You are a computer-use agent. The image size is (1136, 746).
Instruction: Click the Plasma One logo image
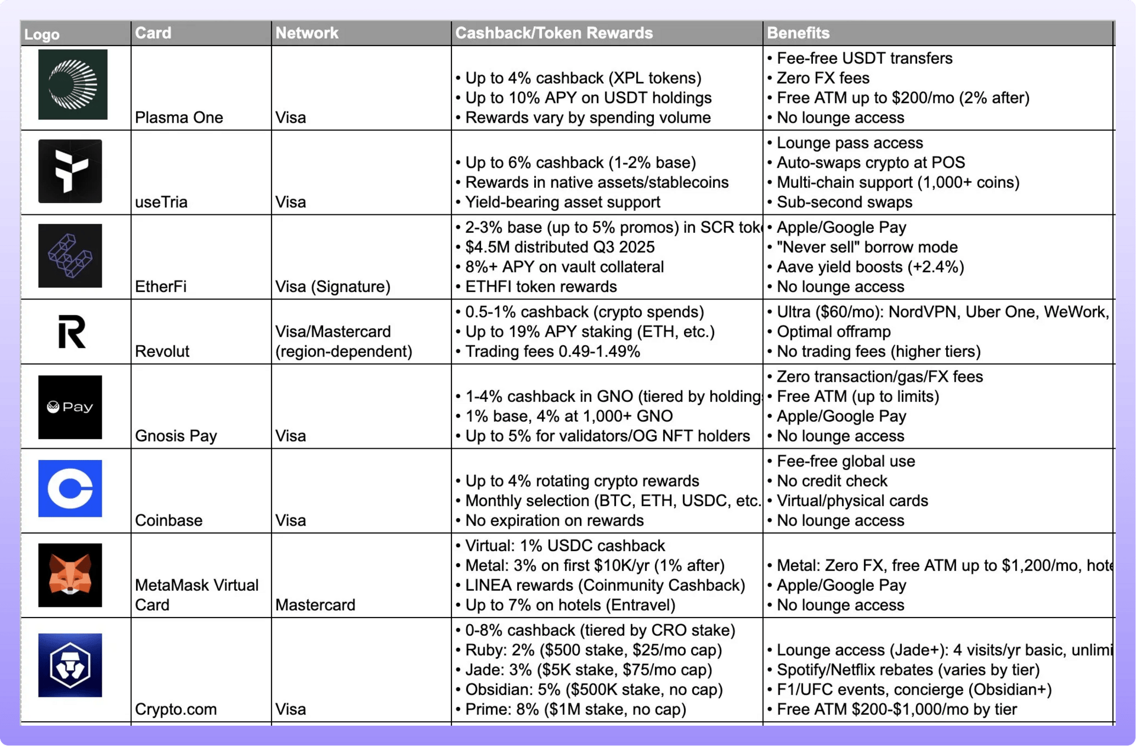tap(73, 85)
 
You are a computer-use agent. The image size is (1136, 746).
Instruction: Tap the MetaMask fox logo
tap(70, 575)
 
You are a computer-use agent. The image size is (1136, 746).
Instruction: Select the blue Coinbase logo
tap(70, 488)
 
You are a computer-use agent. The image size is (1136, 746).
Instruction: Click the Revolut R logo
tap(72, 332)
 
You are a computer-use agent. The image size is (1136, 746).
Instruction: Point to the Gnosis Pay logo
tap(70, 407)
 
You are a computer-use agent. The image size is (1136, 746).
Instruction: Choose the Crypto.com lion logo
tap(70, 665)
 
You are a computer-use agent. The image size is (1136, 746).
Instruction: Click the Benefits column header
tap(798, 33)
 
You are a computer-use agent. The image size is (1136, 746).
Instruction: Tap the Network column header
tap(306, 33)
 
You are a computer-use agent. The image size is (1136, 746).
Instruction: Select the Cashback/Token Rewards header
tap(554, 33)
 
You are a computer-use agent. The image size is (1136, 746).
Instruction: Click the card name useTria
tap(161, 202)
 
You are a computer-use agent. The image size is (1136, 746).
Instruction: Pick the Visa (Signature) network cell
tap(333, 287)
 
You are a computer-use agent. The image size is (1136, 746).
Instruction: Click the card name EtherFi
tap(160, 287)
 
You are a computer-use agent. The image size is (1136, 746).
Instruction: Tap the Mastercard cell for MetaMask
tap(315, 605)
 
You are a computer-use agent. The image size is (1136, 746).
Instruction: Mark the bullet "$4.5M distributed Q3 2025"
tap(559, 247)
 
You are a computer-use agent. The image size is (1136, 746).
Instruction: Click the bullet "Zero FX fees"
tap(822, 78)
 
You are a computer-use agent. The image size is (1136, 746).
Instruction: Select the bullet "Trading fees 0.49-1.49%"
tap(552, 351)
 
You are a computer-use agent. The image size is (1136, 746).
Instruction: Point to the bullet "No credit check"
tap(831, 481)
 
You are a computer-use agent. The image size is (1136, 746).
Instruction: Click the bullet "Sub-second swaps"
tap(844, 202)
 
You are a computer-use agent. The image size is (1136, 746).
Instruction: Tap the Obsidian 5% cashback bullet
tap(593, 690)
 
